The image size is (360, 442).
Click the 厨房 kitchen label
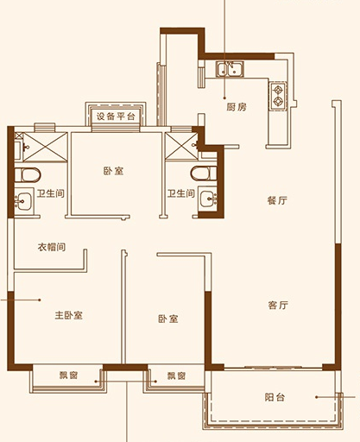tap(237, 107)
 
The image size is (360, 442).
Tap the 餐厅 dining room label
tap(277, 200)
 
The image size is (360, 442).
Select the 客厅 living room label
tap(278, 305)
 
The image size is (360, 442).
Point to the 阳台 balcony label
tap(275, 397)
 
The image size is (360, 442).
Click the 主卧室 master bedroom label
tap(69, 315)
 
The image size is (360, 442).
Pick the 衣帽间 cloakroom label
tap(52, 247)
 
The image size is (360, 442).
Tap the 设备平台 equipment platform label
tap(116, 117)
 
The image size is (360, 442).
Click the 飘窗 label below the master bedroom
tap(68, 376)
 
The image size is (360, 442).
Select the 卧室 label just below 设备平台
tap(113, 171)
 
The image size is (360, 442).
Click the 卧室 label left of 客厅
tap(168, 319)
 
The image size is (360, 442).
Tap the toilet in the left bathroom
tap(28, 175)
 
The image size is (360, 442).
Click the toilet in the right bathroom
tap(203, 174)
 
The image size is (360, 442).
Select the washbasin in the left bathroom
tap(24, 201)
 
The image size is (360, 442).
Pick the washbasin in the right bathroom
tap(208, 198)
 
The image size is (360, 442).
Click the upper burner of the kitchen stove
tap(278, 90)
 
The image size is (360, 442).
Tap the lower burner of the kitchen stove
tap(278, 101)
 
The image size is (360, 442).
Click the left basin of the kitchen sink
tap(223, 69)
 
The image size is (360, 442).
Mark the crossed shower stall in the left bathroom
tap(45, 147)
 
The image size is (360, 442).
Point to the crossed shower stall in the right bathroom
tap(181, 147)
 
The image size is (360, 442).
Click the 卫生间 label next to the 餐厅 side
tap(181, 193)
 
